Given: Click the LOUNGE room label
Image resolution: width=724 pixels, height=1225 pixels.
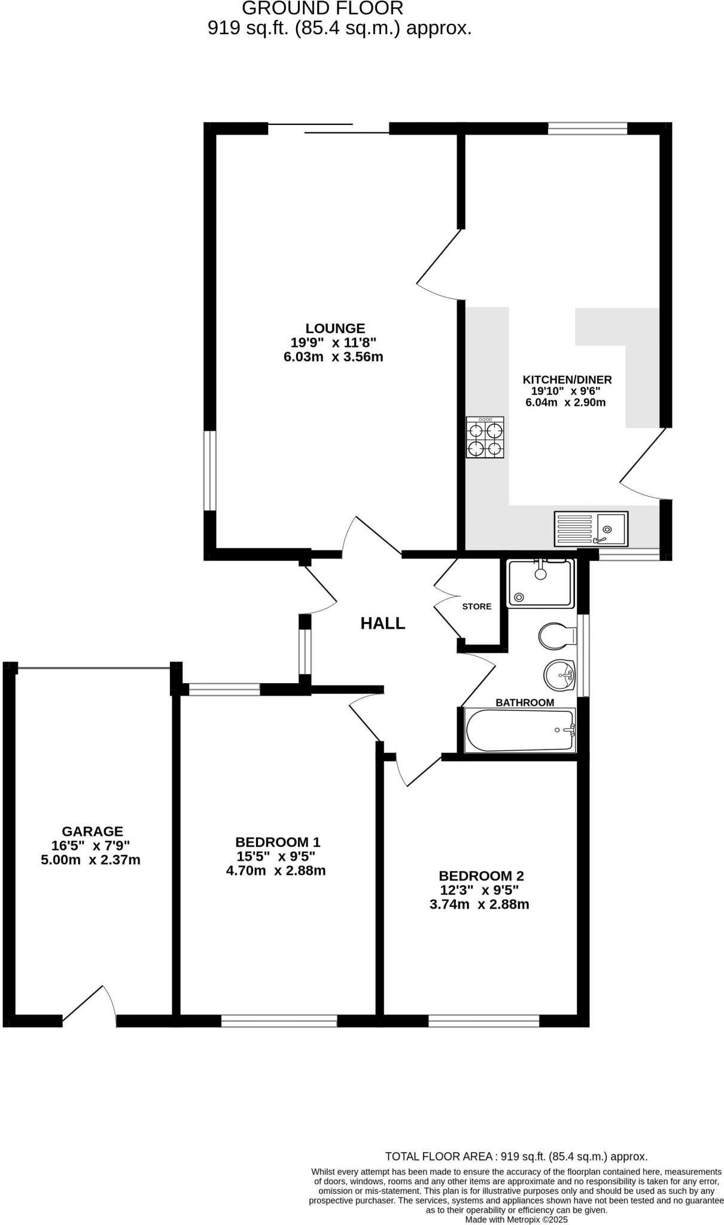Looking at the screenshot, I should coord(335,328).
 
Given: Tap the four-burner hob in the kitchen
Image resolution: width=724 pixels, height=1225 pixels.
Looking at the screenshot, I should coord(485,438).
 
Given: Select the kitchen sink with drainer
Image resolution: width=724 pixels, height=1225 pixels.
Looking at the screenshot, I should coord(591,529).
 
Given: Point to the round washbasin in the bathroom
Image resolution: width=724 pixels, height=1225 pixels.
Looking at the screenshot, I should coord(559,675).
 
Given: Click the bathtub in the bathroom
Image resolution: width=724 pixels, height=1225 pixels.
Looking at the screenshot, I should coord(519,730).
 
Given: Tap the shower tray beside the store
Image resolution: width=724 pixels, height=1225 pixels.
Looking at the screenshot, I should coord(540,583).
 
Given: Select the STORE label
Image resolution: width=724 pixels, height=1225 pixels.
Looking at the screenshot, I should coord(476,607).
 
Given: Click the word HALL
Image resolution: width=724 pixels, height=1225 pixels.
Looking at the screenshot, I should coord(382,623).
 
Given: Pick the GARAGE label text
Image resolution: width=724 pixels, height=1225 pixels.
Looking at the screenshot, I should coord(92,831).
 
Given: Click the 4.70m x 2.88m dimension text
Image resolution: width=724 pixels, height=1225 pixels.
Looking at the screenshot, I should coord(276,871).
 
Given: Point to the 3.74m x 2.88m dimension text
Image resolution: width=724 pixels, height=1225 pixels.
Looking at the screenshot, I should coord(479,904).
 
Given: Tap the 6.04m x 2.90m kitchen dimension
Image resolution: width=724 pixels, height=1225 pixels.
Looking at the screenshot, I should coord(565,403).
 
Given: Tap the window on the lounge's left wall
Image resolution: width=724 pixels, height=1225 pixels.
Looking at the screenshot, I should coord(209,471).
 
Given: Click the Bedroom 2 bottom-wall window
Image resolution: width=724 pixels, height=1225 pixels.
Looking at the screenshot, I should coord(483,1021).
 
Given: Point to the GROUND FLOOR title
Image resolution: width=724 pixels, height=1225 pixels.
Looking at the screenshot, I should coord(323,8).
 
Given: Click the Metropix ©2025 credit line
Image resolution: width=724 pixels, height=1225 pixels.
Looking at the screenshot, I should coord(516,1219).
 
